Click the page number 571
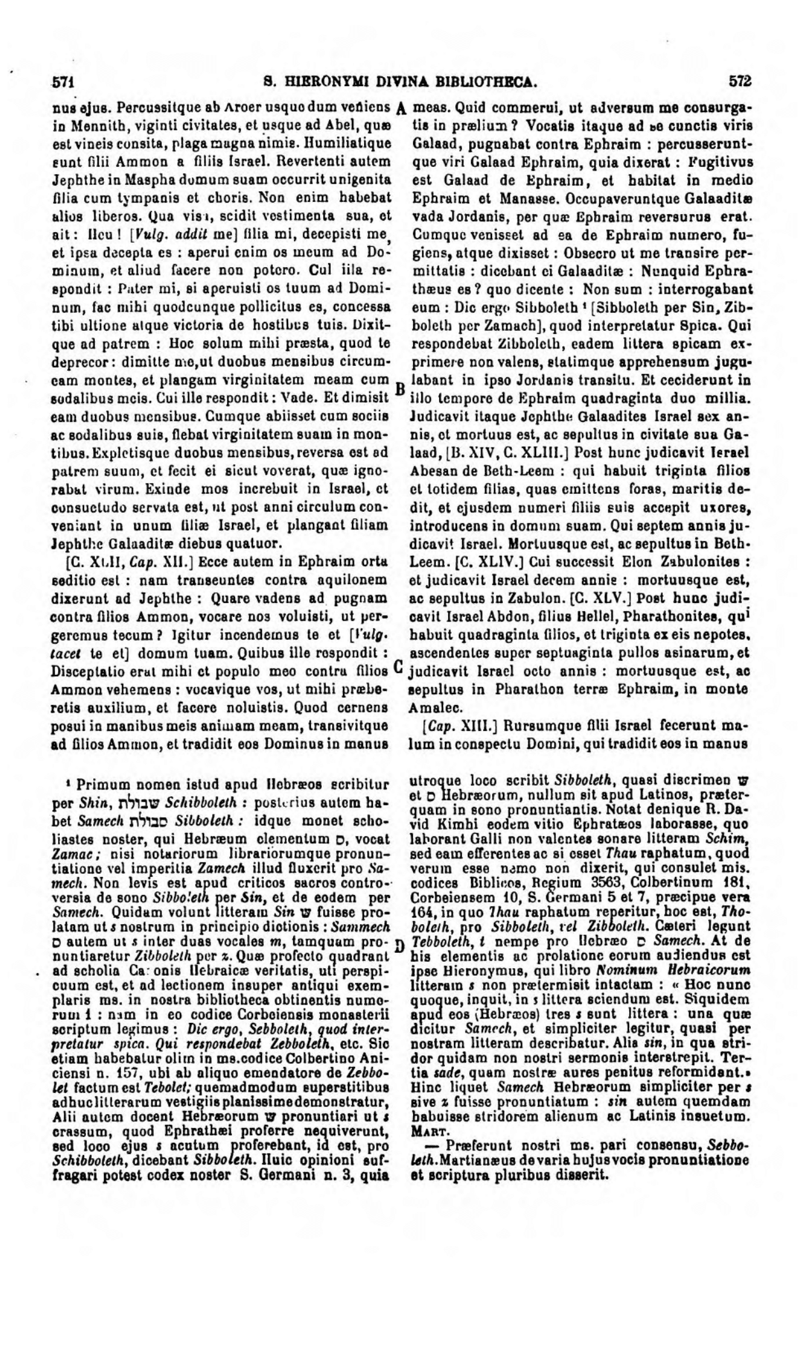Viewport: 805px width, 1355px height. (64, 82)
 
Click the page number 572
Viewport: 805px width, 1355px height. (741, 82)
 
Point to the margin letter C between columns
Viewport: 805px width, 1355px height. (398, 666)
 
